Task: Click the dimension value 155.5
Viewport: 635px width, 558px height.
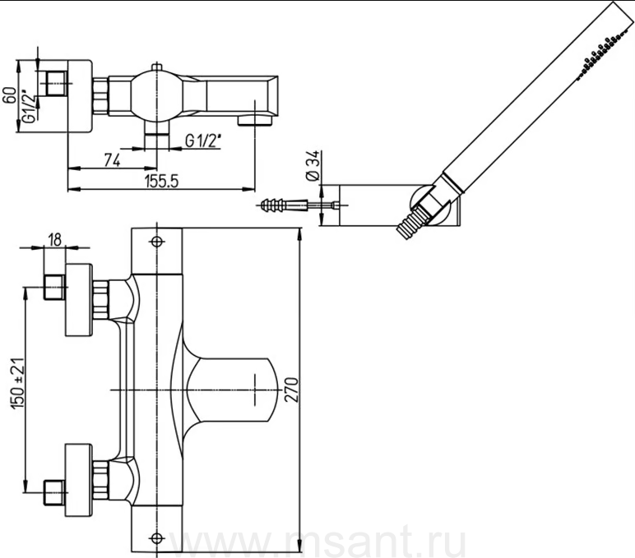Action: coord(162,182)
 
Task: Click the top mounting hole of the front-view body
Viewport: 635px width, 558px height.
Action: coord(157,242)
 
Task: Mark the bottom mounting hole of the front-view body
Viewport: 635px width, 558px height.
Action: coord(157,540)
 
